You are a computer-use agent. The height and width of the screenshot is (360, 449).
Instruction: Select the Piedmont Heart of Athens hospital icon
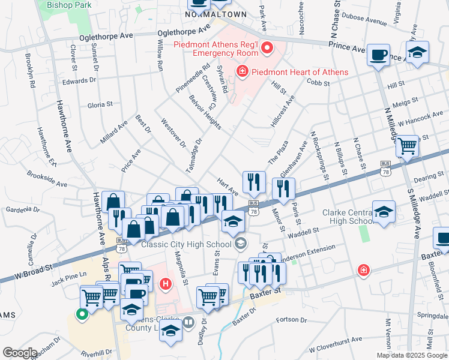[242, 72]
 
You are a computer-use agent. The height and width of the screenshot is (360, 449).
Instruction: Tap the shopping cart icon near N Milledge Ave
[407, 145]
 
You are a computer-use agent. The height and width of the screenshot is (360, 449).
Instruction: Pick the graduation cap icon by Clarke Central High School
[384, 211]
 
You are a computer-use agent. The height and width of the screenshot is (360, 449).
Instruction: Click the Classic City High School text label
[186, 244]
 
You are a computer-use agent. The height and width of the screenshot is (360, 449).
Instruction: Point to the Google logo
[20, 353]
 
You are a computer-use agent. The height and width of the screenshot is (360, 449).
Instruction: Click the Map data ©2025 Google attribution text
[412, 355]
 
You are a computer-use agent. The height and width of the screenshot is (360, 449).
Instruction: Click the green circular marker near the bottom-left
[80, 312]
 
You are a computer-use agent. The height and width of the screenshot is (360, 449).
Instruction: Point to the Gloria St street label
[100, 104]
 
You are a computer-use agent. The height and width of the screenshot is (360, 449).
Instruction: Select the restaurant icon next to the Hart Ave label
[254, 181]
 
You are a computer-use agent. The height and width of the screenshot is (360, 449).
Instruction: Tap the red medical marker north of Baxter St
[363, 271]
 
